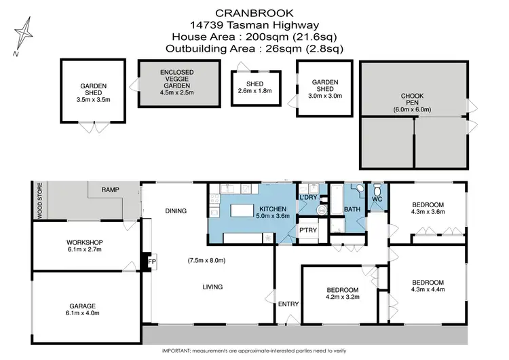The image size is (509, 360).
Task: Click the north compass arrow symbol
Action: pyautogui.click(x=25, y=37)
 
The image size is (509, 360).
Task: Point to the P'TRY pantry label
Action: pyautogui.click(x=309, y=231)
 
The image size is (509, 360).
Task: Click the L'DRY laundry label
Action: pyautogui.click(x=309, y=197)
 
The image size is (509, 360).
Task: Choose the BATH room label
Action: pyautogui.click(x=352, y=210)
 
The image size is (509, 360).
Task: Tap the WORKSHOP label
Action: pyautogui.click(x=84, y=242)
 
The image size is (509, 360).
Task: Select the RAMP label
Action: pyautogui.click(x=111, y=191)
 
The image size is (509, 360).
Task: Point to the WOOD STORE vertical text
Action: pyautogui.click(x=39, y=200)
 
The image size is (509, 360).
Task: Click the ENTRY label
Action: pyautogui.click(x=288, y=304)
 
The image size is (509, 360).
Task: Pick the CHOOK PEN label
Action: pyautogui.click(x=412, y=97)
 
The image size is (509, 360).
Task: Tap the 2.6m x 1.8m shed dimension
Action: pyautogui.click(x=254, y=90)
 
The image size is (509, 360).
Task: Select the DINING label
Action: pyautogui.click(x=175, y=211)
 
